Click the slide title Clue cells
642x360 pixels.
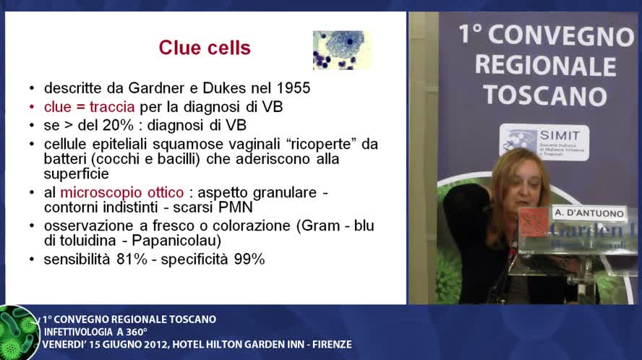click(x=205, y=48)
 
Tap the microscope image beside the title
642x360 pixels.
click(x=341, y=49)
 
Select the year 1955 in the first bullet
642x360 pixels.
click(x=292, y=88)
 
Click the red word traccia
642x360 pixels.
click(x=109, y=107)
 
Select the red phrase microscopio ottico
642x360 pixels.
click(x=121, y=193)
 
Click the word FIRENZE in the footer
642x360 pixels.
click(x=330, y=344)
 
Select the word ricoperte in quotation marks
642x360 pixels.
click(x=319, y=144)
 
